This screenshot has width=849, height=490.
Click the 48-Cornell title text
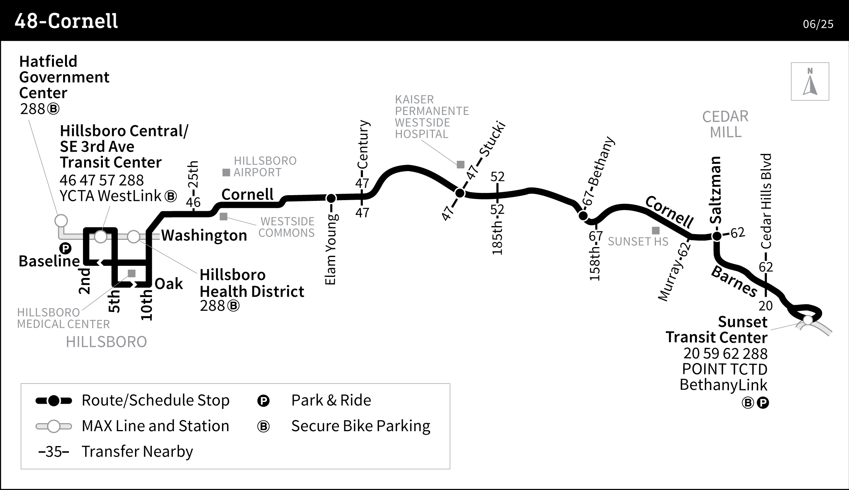coord(66,21)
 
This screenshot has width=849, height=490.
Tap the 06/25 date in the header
coord(818,24)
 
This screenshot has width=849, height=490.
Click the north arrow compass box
coord(810,81)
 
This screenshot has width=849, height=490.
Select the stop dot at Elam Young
coord(331,198)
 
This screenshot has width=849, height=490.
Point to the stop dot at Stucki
coord(460,193)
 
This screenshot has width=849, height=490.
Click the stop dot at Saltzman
coord(717,236)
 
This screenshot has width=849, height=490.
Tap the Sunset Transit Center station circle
coord(807,320)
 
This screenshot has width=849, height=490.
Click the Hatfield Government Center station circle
coord(61,221)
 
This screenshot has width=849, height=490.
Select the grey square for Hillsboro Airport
coord(226,173)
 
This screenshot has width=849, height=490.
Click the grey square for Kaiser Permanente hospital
coord(460,165)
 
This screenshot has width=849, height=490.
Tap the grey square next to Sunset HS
coord(655,231)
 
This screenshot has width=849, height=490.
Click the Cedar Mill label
coord(725,124)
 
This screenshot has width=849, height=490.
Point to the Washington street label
coord(204,236)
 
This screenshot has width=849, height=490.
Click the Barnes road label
coord(734,282)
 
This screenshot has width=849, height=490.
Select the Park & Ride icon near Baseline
coord(66,249)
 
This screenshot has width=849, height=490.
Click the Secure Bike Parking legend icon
coord(263,426)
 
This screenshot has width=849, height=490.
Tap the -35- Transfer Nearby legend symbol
coord(54,452)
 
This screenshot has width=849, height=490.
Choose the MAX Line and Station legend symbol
coord(54,426)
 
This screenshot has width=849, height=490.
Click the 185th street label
coord(497,238)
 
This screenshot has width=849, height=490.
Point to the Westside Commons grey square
coord(223,217)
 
